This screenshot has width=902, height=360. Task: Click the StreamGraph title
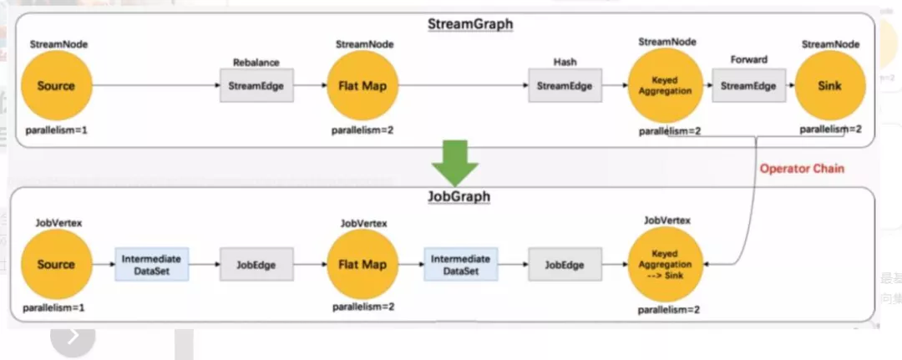[x=470, y=25]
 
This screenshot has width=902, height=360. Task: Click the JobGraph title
[x=459, y=196]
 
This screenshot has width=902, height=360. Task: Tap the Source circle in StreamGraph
[x=57, y=86]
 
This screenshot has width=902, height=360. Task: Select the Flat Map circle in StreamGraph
[x=362, y=86]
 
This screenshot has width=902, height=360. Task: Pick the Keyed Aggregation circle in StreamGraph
[x=665, y=86]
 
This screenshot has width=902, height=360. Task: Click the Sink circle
[x=829, y=86]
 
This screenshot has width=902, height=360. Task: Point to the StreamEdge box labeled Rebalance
[x=256, y=86]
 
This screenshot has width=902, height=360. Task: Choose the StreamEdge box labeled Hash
[x=565, y=86]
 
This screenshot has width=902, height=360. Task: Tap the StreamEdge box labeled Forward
[x=748, y=86]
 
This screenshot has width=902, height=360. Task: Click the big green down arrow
[x=455, y=164]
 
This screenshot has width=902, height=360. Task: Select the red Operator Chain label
[x=802, y=169]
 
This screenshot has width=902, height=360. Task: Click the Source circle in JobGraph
[x=57, y=265]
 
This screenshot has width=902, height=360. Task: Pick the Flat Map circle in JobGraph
[x=362, y=265]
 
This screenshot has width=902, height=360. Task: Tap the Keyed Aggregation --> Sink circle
[x=665, y=265]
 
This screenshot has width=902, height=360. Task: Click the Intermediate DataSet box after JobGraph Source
[x=152, y=265]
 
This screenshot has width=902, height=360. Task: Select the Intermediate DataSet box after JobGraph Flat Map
[x=461, y=265]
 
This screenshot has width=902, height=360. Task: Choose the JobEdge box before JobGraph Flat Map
[x=256, y=265]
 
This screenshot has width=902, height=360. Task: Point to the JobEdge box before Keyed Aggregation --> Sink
[x=565, y=265]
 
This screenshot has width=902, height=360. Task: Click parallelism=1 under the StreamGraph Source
[x=57, y=130]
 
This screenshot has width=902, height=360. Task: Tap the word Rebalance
[x=256, y=62]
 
